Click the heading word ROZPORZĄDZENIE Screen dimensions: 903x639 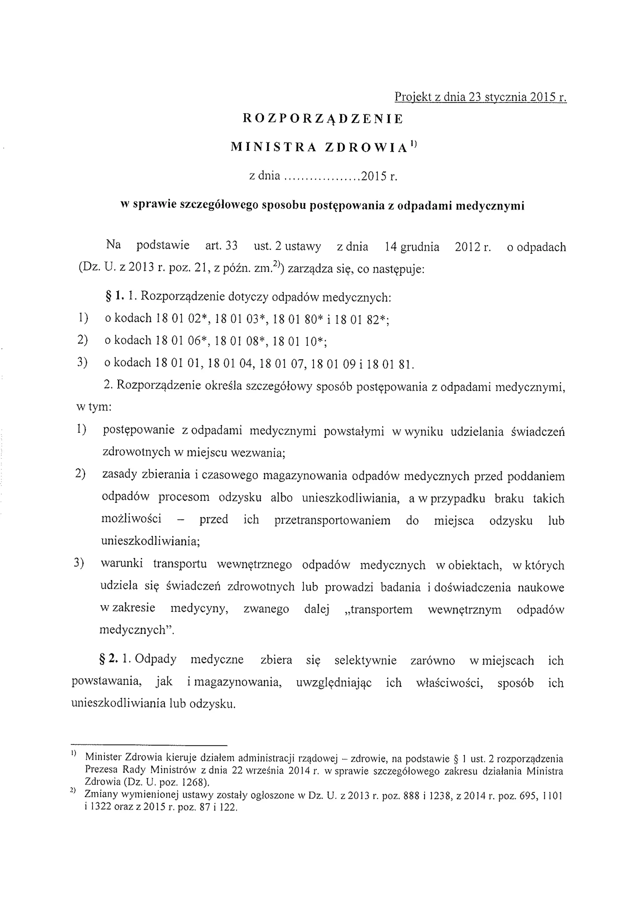point(323,119)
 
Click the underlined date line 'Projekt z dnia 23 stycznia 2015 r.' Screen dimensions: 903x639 point(480,97)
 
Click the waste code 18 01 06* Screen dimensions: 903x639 point(182,340)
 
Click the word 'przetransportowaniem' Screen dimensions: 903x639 point(333,520)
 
